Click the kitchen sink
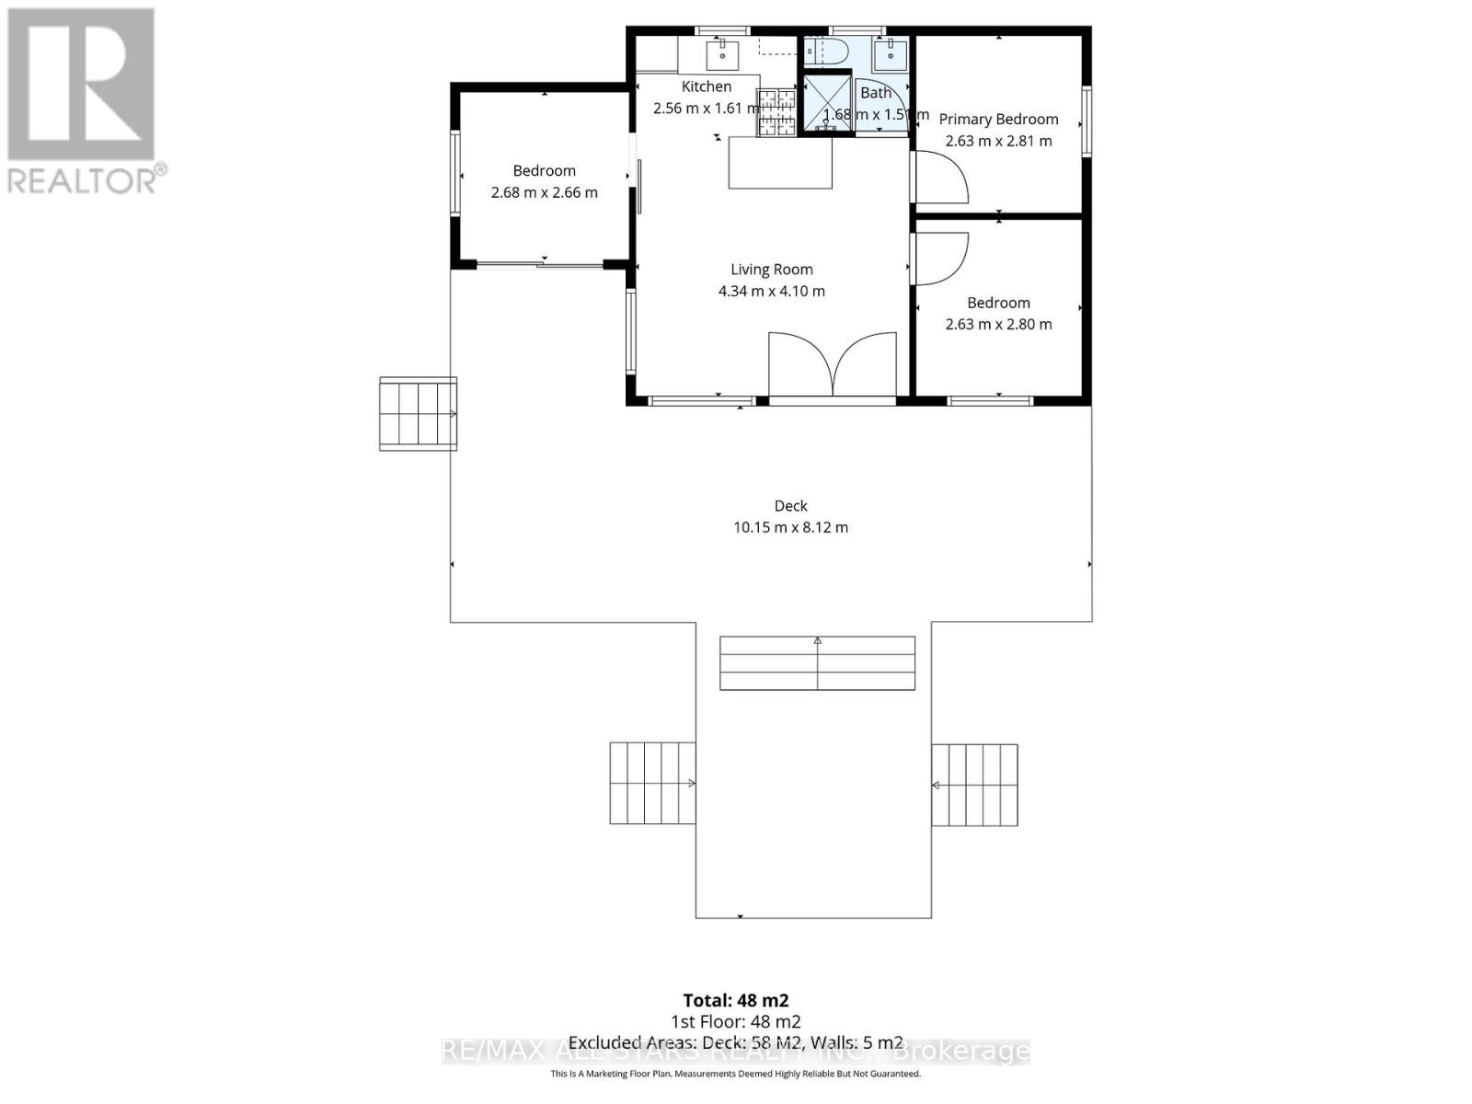point(722,55)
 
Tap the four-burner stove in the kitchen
point(776,112)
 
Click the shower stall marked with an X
point(827,102)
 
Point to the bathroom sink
point(890,54)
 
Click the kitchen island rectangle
point(780,162)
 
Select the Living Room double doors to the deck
point(833,365)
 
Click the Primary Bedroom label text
point(998,119)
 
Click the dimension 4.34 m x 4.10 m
point(771,292)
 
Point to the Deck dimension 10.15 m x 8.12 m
point(790,527)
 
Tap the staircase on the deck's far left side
point(418,414)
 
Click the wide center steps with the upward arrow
point(817,663)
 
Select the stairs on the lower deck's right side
point(974,785)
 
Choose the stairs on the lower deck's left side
point(652,784)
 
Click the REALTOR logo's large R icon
point(81,85)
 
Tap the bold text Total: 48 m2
point(735,1000)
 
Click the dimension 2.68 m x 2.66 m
point(544,192)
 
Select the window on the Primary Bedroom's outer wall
point(1086,121)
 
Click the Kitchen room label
point(707,86)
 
